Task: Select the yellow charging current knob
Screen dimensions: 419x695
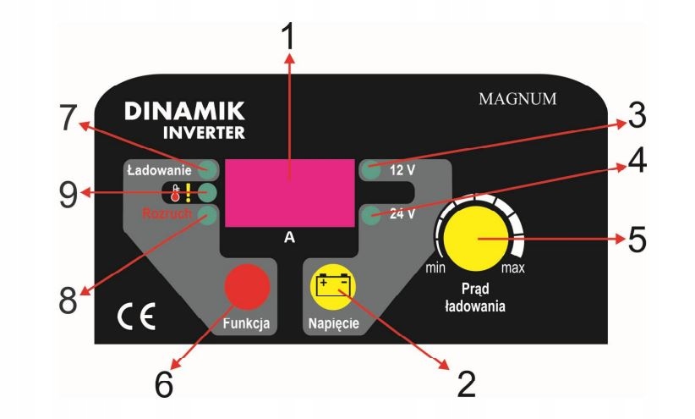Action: (x=476, y=240)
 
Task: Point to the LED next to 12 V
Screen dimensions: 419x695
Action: (x=369, y=168)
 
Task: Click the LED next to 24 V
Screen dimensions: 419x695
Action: (x=369, y=216)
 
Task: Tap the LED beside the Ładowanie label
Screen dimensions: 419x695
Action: (x=207, y=168)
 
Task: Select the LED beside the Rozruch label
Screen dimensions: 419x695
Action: (x=207, y=216)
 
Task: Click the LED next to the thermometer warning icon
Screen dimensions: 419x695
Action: (x=207, y=192)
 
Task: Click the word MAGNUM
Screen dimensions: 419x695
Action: (x=517, y=98)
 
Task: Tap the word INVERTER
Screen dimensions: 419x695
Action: (x=205, y=132)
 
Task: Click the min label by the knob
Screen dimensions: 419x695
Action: (x=435, y=268)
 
